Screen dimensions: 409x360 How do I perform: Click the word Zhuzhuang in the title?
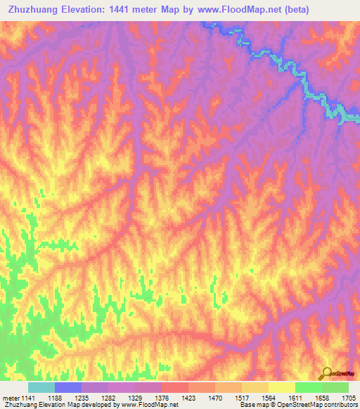click(x=32, y=9)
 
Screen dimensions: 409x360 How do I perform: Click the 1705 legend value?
click(x=349, y=398)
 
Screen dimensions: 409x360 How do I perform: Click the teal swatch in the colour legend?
click(x=41, y=387)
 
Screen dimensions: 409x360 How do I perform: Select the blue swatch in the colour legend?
click(x=67, y=387)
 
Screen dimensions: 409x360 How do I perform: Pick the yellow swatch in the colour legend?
click(x=281, y=387)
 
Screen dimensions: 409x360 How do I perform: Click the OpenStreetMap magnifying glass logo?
click(x=326, y=373)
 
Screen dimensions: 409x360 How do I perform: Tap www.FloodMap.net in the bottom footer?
click(x=150, y=405)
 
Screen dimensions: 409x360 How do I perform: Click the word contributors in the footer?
click(x=341, y=405)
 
